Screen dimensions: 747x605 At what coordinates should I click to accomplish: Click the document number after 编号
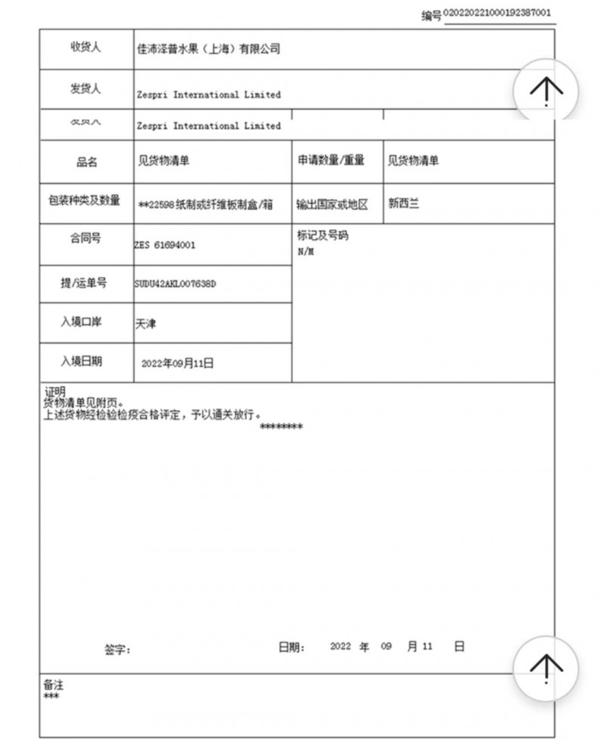click(x=497, y=13)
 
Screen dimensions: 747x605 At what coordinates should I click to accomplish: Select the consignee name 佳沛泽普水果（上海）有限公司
click(x=209, y=49)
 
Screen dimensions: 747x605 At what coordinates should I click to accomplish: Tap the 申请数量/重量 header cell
click(x=330, y=160)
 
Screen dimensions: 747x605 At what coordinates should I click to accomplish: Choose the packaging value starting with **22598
click(x=206, y=204)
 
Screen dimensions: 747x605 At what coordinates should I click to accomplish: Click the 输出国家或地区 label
click(x=332, y=204)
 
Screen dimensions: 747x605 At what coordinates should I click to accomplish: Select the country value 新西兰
click(x=403, y=204)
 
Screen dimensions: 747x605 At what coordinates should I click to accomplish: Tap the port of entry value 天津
click(x=145, y=324)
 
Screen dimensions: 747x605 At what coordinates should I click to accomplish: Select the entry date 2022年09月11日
click(x=178, y=363)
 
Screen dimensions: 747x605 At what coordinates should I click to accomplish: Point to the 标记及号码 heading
click(x=323, y=236)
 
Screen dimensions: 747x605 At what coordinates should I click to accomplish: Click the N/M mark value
click(x=306, y=251)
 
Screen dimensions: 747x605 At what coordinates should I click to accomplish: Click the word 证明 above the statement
click(x=55, y=391)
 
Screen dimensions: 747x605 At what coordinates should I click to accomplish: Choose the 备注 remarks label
click(x=54, y=685)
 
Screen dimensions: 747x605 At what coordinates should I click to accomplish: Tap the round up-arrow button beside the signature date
click(x=545, y=665)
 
